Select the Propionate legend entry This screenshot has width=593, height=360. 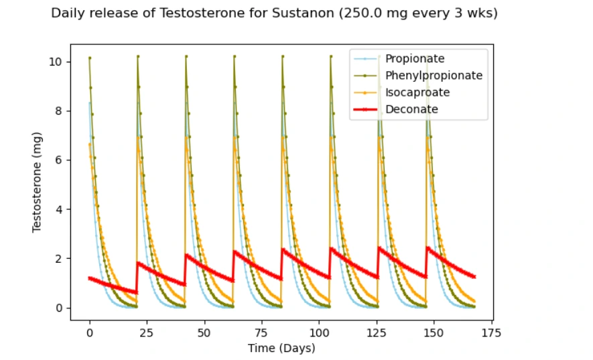coord(415,59)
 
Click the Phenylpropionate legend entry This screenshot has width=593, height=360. coord(434,76)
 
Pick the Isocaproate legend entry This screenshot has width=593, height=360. coord(417,93)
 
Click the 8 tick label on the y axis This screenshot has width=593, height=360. coord(60,111)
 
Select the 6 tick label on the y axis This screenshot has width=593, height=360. coord(60,160)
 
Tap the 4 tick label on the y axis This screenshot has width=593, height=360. coord(60,210)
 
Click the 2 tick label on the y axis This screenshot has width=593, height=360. coord(60,259)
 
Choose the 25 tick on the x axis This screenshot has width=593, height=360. coord(147,332)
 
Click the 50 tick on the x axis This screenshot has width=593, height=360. coord(204,332)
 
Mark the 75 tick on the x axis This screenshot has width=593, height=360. coord(261,332)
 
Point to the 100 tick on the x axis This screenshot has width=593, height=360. coord(319,332)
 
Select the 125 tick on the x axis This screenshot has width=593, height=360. coord(377,332)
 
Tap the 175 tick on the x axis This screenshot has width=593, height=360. coord(491,332)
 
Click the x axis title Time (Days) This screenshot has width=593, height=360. coord(281,348)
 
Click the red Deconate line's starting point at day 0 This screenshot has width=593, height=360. coord(90,278)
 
